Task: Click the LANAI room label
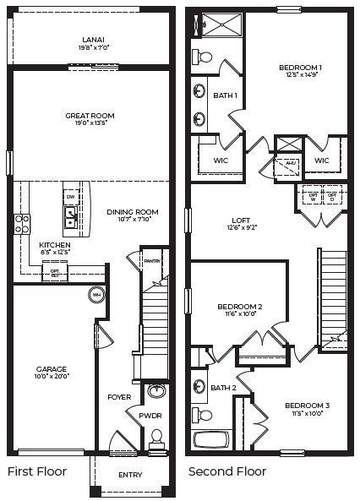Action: (x=93, y=39)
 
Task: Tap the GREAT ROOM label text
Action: (x=90, y=116)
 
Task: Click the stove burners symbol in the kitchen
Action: (x=22, y=223)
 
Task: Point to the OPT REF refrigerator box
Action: (x=55, y=272)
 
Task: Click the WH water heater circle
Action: (x=96, y=295)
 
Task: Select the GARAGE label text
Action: (x=52, y=369)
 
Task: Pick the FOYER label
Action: (x=118, y=396)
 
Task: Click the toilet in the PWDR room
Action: (x=155, y=439)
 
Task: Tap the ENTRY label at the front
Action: (x=130, y=475)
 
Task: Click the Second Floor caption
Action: (x=226, y=471)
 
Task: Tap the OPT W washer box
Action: (x=313, y=196)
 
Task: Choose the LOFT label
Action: (x=241, y=221)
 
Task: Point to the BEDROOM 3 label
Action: (x=306, y=406)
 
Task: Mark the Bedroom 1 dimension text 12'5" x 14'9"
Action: (x=301, y=77)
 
